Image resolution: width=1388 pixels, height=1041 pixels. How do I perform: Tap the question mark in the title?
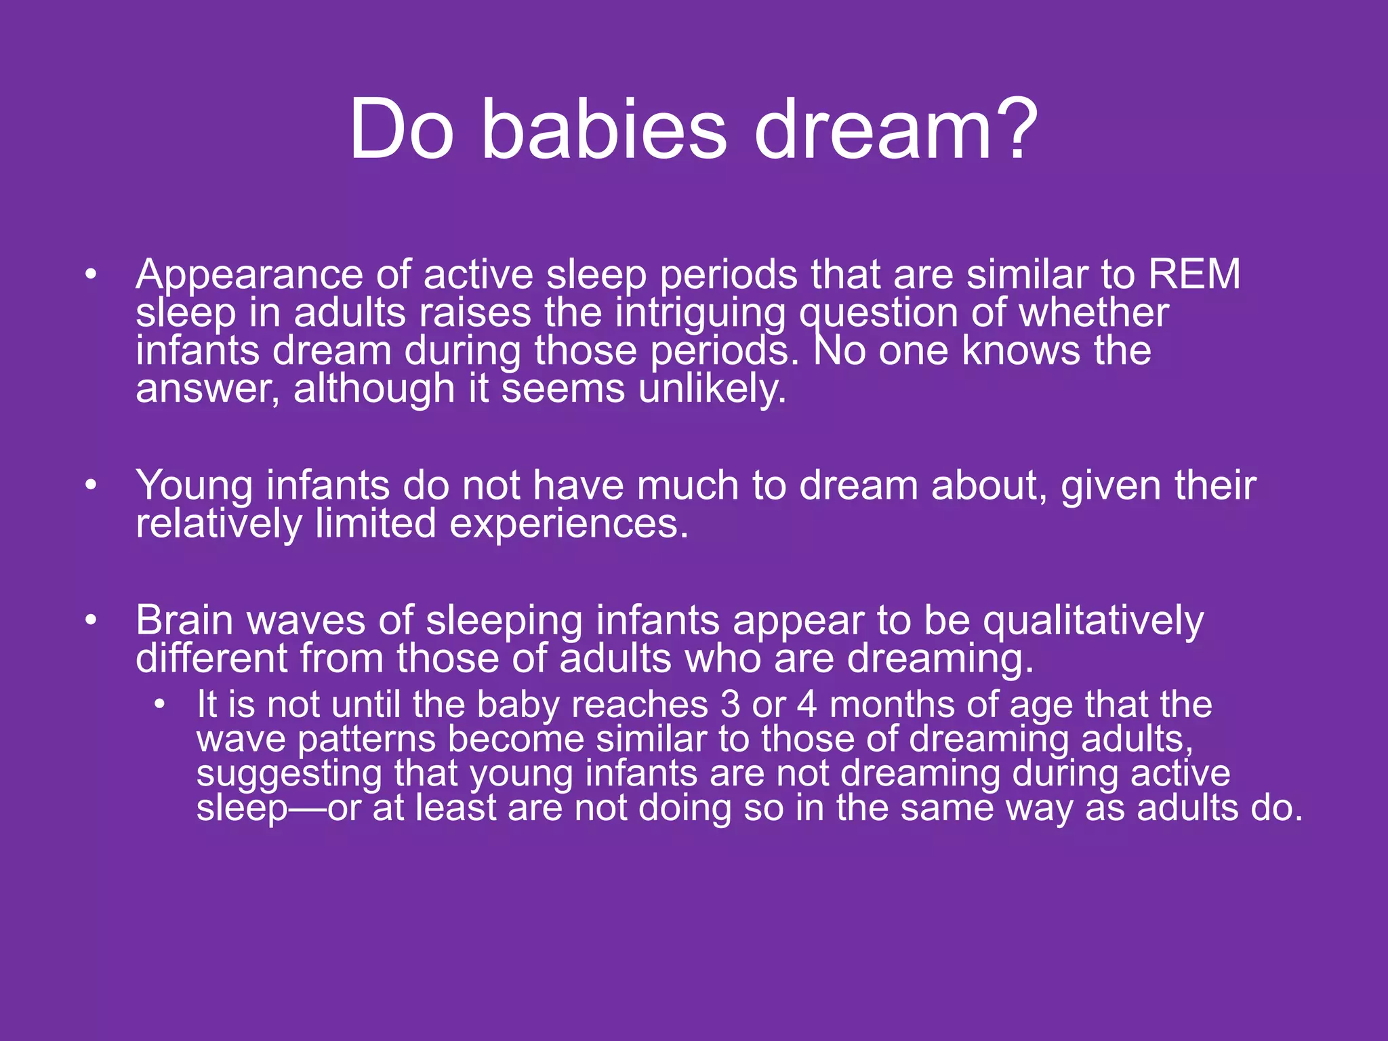tap(1015, 129)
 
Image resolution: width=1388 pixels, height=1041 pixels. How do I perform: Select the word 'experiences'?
tap(569, 525)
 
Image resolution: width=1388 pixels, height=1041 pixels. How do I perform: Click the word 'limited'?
tap(375, 525)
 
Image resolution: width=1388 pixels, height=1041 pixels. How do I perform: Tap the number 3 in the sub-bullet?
tap(731, 704)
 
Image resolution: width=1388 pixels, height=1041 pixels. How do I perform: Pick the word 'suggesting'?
tap(289, 775)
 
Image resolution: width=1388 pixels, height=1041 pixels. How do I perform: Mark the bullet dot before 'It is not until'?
tap(159, 704)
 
